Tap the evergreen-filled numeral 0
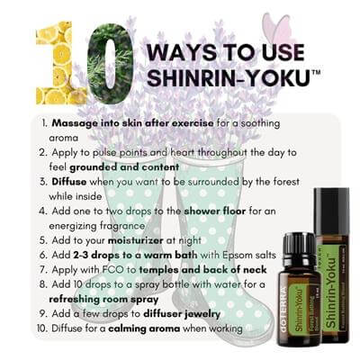click(110, 64)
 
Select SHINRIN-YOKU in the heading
click(229, 76)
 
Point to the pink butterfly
click(278, 29)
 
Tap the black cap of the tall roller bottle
click(331, 211)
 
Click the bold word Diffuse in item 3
click(69, 182)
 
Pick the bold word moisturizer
click(136, 240)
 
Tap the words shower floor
click(215, 211)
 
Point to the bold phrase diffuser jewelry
click(182, 314)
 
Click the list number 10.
click(43, 328)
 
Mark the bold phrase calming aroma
click(144, 328)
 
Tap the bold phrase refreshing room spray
click(103, 300)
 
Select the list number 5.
click(43, 240)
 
